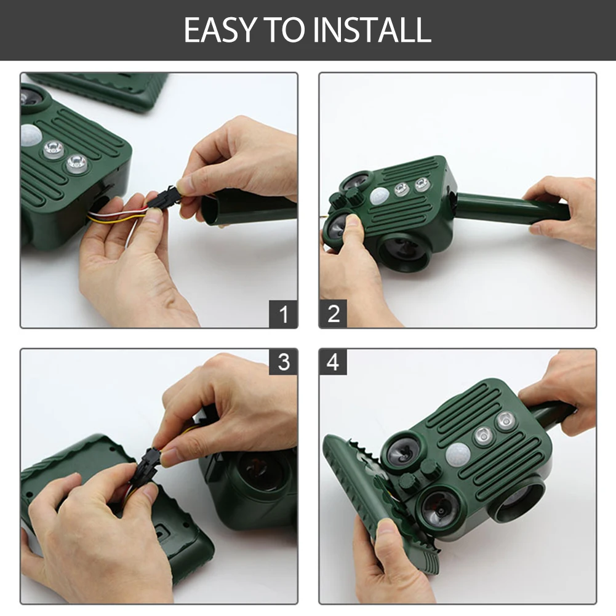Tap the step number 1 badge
point(283,314)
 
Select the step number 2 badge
point(333,313)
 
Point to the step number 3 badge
point(283,362)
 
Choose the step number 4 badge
point(333,362)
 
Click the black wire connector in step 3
point(147,463)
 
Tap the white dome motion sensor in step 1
point(31,135)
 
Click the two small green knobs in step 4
point(417,474)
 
